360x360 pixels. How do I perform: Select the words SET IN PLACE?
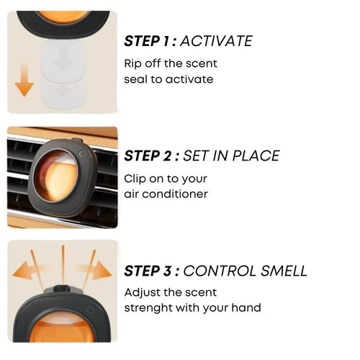pos(231,156)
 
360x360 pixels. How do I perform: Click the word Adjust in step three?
pos(142,292)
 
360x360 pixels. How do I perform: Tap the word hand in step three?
pos(246,308)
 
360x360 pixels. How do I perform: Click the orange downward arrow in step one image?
pos(24,79)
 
